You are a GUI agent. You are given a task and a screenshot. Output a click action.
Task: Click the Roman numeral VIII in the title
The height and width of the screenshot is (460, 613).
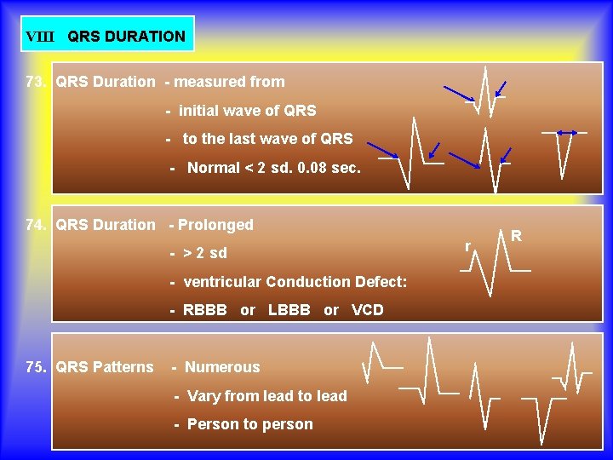pyautogui.click(x=39, y=37)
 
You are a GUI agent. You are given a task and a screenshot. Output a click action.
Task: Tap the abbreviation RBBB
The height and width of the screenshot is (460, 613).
pyautogui.click(x=205, y=310)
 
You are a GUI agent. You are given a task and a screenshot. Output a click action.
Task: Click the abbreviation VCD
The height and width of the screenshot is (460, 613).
pyautogui.click(x=367, y=310)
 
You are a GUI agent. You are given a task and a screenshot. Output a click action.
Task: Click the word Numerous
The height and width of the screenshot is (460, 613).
pyautogui.click(x=222, y=367)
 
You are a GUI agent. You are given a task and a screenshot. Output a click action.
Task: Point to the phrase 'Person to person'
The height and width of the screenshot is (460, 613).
pyautogui.click(x=249, y=424)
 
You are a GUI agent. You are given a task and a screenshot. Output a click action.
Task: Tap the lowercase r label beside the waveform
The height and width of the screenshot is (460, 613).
pyautogui.click(x=467, y=246)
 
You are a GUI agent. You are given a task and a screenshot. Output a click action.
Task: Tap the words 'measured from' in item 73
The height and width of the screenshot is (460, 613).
pyautogui.click(x=230, y=83)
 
